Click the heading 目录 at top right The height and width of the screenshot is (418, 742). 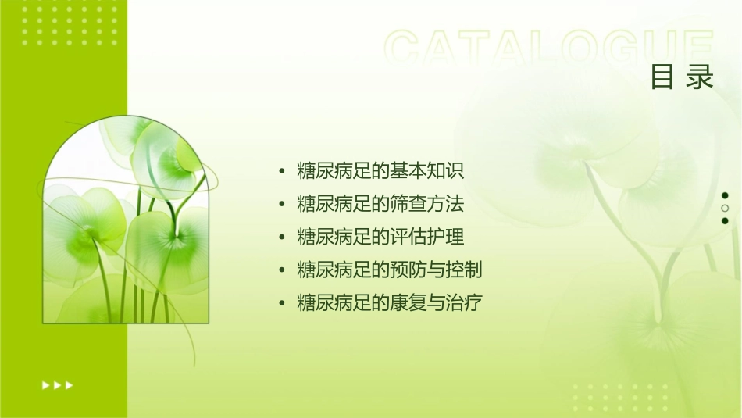pyautogui.click(x=682, y=77)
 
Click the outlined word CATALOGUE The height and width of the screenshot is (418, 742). pyautogui.click(x=549, y=48)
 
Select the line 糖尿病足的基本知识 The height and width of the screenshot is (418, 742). pyautogui.click(x=381, y=171)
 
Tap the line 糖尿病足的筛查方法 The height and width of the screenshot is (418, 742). pyautogui.click(x=381, y=205)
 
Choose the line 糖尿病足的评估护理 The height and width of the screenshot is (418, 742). pyautogui.click(x=381, y=238)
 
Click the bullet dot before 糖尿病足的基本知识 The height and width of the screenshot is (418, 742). pyautogui.click(x=282, y=172)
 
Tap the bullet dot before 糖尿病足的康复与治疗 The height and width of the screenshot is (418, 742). pyautogui.click(x=282, y=304)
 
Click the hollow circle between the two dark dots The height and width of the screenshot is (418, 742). pyautogui.click(x=725, y=209)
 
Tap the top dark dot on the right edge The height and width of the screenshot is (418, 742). pyautogui.click(x=725, y=195)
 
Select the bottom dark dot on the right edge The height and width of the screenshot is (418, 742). pyautogui.click(x=725, y=221)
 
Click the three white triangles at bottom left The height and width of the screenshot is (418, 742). pyautogui.click(x=57, y=384)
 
